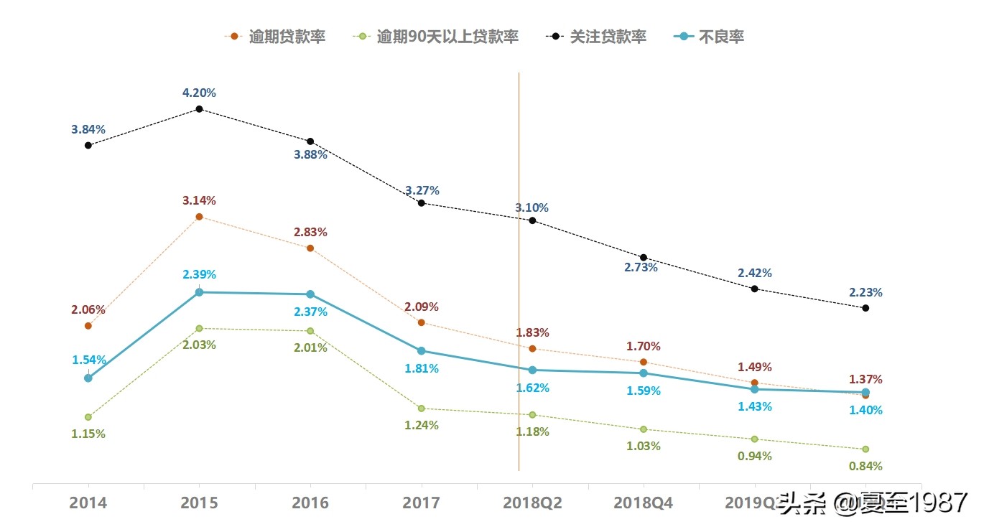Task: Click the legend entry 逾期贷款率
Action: point(276,37)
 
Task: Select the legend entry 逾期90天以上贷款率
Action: point(437,37)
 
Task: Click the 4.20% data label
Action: point(199,93)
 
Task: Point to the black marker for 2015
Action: point(199,109)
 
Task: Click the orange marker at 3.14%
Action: point(199,216)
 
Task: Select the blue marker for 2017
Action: point(422,351)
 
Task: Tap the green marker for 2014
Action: point(88,417)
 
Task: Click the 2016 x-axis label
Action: point(310,503)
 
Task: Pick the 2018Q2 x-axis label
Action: point(532,503)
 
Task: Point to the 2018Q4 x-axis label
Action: point(643,503)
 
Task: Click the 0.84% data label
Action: point(865,466)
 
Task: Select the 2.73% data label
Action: point(641,267)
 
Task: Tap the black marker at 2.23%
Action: point(865,308)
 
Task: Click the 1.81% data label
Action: point(422,368)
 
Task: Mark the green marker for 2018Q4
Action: point(644,429)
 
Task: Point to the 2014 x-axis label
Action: point(88,503)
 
